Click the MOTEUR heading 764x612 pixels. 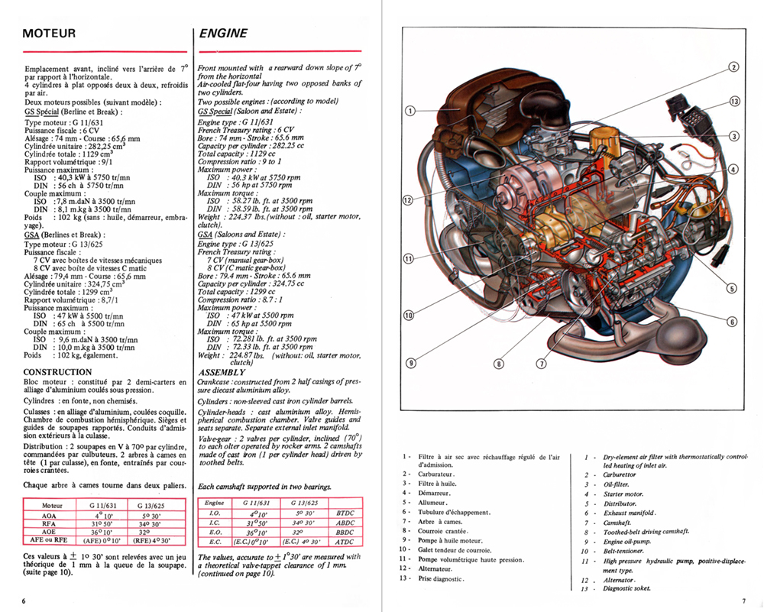pyautogui.click(x=49, y=34)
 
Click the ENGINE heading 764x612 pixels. pyautogui.click(x=223, y=34)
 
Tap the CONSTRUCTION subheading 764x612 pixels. pyautogui.click(x=58, y=372)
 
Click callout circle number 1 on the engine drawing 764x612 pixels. pyautogui.click(x=410, y=111)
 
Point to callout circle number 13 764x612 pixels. pyautogui.click(x=734, y=102)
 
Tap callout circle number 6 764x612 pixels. pyautogui.click(x=732, y=322)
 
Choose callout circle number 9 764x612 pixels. pyautogui.click(x=410, y=362)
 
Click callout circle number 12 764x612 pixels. pyautogui.click(x=408, y=200)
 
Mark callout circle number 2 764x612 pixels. pyautogui.click(x=733, y=66)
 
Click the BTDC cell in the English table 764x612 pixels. pyautogui.click(x=343, y=513)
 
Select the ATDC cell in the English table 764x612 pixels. pyautogui.click(x=343, y=542)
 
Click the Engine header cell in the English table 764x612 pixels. pyautogui.click(x=215, y=504)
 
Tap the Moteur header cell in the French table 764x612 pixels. pyautogui.click(x=52, y=504)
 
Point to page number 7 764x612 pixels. pyautogui.click(x=743, y=601)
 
